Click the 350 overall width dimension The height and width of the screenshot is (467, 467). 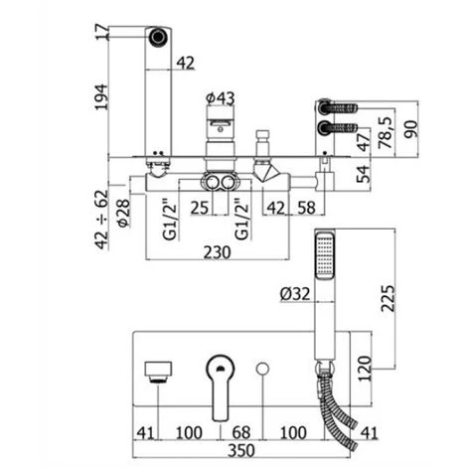(241, 450)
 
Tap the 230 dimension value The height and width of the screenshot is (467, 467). (217, 252)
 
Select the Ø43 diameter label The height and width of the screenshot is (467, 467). (221, 98)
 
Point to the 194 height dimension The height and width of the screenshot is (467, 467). (101, 96)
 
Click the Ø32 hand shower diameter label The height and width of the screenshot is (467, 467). (295, 293)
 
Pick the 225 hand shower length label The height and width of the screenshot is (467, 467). (388, 298)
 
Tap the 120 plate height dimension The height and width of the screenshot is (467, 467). (365, 369)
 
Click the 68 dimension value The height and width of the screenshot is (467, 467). (241, 432)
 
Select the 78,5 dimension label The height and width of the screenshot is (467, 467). (386, 132)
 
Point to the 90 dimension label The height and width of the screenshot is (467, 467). (411, 129)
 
